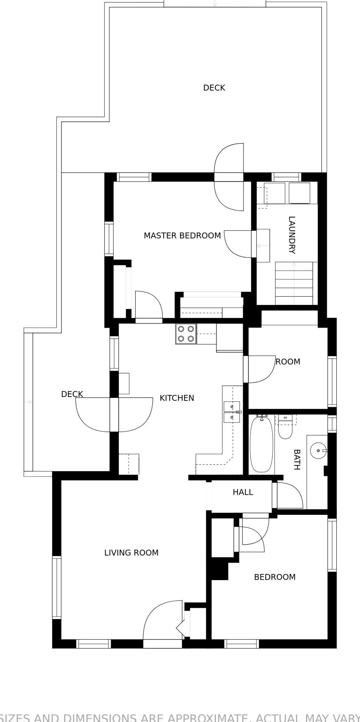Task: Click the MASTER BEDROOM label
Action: pyautogui.click(x=182, y=236)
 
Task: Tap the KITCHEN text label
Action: pyautogui.click(x=177, y=398)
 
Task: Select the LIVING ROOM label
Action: pyautogui.click(x=131, y=553)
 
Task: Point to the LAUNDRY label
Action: pyautogui.click(x=292, y=235)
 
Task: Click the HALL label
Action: pyautogui.click(x=243, y=492)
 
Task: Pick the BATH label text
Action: pyautogui.click(x=297, y=459)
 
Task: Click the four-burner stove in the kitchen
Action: pyautogui.click(x=186, y=334)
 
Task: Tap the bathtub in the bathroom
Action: pyautogui.click(x=262, y=444)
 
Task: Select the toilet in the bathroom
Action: pyautogui.click(x=285, y=427)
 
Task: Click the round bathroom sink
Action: pyautogui.click(x=318, y=451)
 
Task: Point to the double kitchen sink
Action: pyautogui.click(x=232, y=412)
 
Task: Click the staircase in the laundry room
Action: pyautogui.click(x=294, y=283)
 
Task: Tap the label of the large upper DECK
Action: pyautogui.click(x=214, y=88)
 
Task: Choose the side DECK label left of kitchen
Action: pyautogui.click(x=72, y=394)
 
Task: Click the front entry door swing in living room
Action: pyautogui.click(x=162, y=620)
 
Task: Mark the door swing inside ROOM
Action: pyautogui.click(x=261, y=369)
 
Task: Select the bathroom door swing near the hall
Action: pyautogui.click(x=290, y=495)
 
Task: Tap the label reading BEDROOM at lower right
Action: pyautogui.click(x=275, y=577)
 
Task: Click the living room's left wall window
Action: pyautogui.click(x=57, y=587)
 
